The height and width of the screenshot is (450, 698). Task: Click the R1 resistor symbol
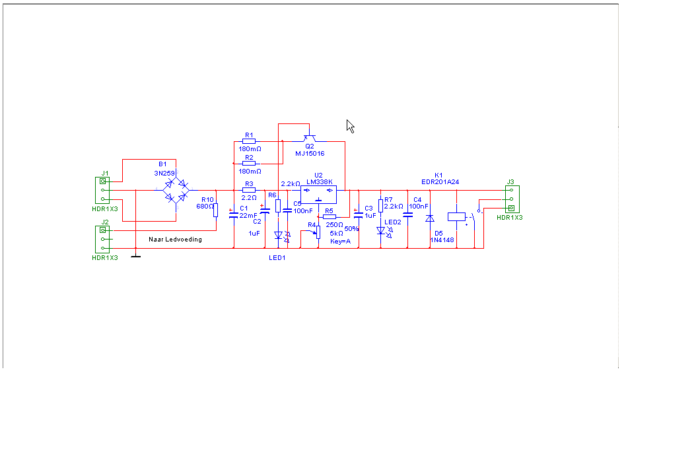tap(249, 142)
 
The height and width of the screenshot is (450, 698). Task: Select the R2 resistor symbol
tap(249, 164)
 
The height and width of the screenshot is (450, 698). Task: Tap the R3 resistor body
tap(249, 190)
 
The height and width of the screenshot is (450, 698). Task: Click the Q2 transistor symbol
tap(310, 139)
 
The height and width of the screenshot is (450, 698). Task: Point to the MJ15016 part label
tap(310, 153)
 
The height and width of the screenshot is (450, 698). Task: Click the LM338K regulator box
tap(318, 194)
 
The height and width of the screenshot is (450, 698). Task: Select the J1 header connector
tap(103, 191)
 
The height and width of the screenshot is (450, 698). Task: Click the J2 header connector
tap(103, 239)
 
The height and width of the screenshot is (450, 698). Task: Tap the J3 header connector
tap(510, 199)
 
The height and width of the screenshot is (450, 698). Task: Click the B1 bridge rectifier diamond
tap(176, 190)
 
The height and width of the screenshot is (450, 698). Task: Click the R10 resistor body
tap(215, 210)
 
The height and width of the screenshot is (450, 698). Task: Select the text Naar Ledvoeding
tap(175, 240)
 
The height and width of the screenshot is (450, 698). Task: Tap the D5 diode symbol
tap(430, 218)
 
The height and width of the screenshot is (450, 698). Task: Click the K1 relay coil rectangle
tap(456, 216)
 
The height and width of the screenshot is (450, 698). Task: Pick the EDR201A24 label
tap(440, 182)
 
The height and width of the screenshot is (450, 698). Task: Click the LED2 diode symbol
tap(381, 231)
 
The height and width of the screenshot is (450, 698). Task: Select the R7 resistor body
tap(380, 205)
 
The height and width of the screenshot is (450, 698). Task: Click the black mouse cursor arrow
tap(350, 126)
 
